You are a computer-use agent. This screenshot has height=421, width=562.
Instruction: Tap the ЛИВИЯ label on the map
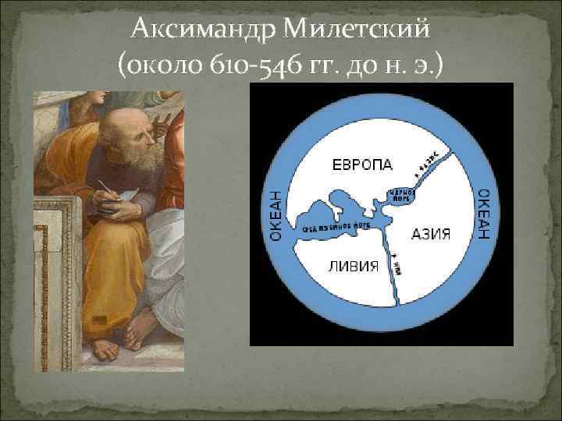(x=352, y=267)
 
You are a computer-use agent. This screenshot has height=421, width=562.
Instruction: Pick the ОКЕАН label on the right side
(x=484, y=212)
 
